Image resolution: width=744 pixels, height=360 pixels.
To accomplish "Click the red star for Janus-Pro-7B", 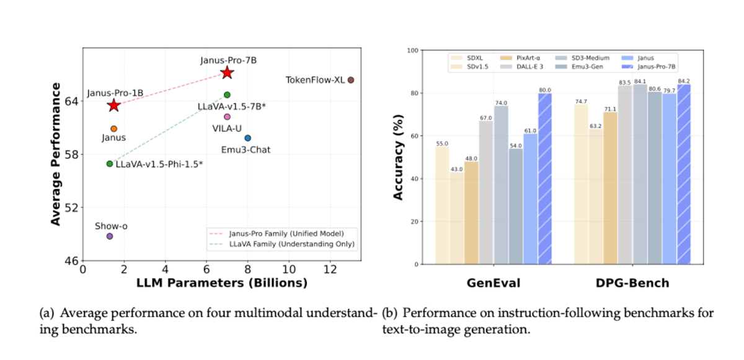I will click(227, 72).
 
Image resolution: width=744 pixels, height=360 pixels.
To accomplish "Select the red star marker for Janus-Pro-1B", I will click(113, 105).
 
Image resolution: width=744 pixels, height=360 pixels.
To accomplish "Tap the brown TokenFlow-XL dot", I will click(351, 80).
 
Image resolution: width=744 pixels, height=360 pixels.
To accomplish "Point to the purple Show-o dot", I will click(110, 236).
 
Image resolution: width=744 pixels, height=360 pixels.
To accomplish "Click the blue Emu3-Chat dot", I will click(247, 138).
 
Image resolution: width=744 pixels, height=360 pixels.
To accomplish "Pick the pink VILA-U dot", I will click(227, 116).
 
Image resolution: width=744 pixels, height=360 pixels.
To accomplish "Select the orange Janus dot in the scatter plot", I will click(114, 129).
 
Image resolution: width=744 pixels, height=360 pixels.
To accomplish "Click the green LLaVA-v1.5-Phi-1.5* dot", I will click(110, 164).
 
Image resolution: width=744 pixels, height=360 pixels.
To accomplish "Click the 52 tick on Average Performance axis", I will click(73, 208).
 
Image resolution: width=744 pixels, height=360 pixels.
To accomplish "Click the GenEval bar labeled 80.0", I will click(544, 180).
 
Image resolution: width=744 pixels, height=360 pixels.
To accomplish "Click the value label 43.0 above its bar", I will click(457, 169).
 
